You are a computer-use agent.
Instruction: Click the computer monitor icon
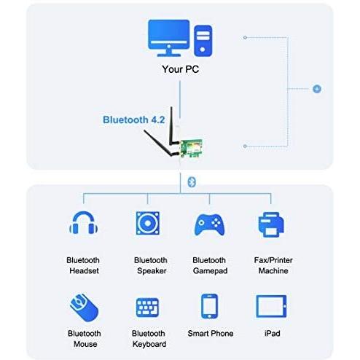[169, 38]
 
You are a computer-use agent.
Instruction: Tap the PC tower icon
[203, 41]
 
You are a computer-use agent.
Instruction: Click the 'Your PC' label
[181, 69]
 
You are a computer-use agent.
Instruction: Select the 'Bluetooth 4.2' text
[134, 120]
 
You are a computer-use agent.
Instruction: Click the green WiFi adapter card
[192, 148]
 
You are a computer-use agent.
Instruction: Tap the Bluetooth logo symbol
[192, 182]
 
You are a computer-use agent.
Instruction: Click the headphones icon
[84, 222]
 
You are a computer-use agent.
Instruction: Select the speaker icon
[148, 223]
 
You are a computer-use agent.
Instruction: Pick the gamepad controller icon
[209, 224]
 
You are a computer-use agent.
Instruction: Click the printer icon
[271, 224]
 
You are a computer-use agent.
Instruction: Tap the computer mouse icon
[84, 308]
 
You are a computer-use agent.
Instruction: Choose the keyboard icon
[147, 308]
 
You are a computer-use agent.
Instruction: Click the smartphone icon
[209, 306]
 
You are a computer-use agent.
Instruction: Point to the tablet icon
[271, 306]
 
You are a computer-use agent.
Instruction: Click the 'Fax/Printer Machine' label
[273, 265]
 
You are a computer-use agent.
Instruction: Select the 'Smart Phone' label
[211, 333]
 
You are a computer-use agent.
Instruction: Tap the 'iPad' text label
[272, 333]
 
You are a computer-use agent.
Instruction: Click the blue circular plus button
[317, 89]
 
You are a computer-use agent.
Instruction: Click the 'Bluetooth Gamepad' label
[210, 265]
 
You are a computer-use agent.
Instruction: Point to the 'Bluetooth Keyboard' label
[149, 339]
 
